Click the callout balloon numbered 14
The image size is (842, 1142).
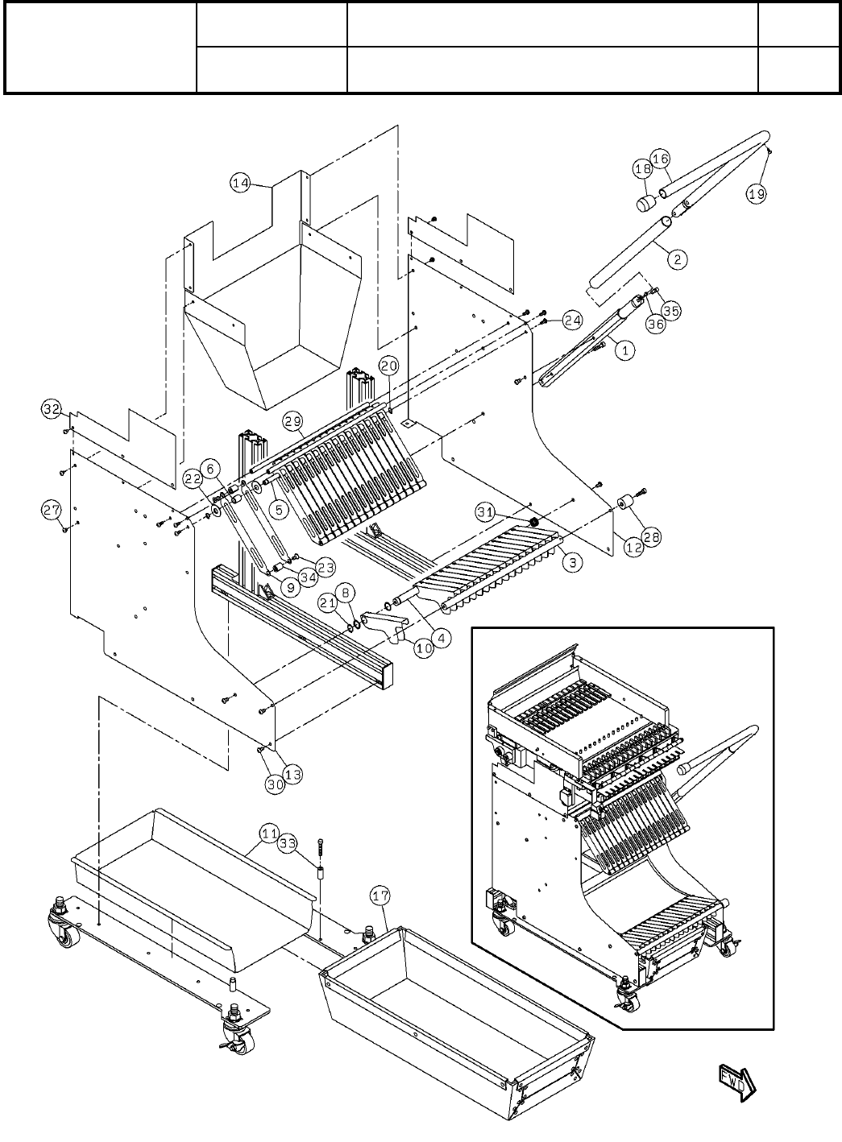point(241,183)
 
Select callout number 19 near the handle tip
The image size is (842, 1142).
point(757,194)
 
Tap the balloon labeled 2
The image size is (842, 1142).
point(678,259)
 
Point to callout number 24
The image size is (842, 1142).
point(572,321)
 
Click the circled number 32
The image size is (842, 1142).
point(52,409)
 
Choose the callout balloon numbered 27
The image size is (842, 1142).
point(52,510)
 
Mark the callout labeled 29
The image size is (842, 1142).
point(293,421)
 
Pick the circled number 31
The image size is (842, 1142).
point(486,512)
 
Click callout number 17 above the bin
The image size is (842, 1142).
point(381,896)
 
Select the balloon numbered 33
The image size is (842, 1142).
point(288,843)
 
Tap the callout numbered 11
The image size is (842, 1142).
point(269,834)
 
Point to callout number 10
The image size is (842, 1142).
point(425,648)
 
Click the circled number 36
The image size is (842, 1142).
point(656,324)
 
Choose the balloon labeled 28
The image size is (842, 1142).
point(652,536)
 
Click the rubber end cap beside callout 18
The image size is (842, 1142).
point(645,204)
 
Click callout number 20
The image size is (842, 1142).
point(389,366)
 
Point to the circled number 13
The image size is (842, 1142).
point(293,775)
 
